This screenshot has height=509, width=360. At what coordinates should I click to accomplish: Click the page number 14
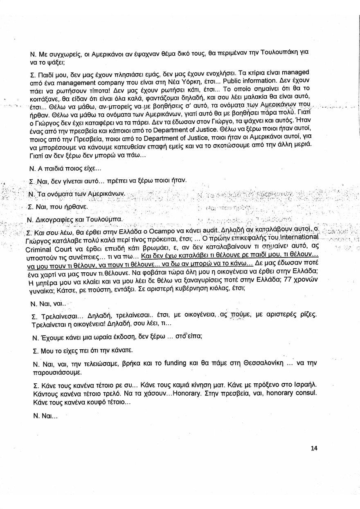(314, 448)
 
